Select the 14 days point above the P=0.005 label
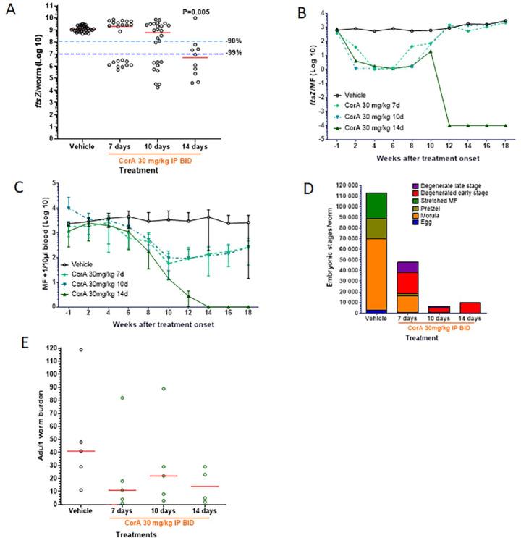pyautogui.click(x=194, y=18)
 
